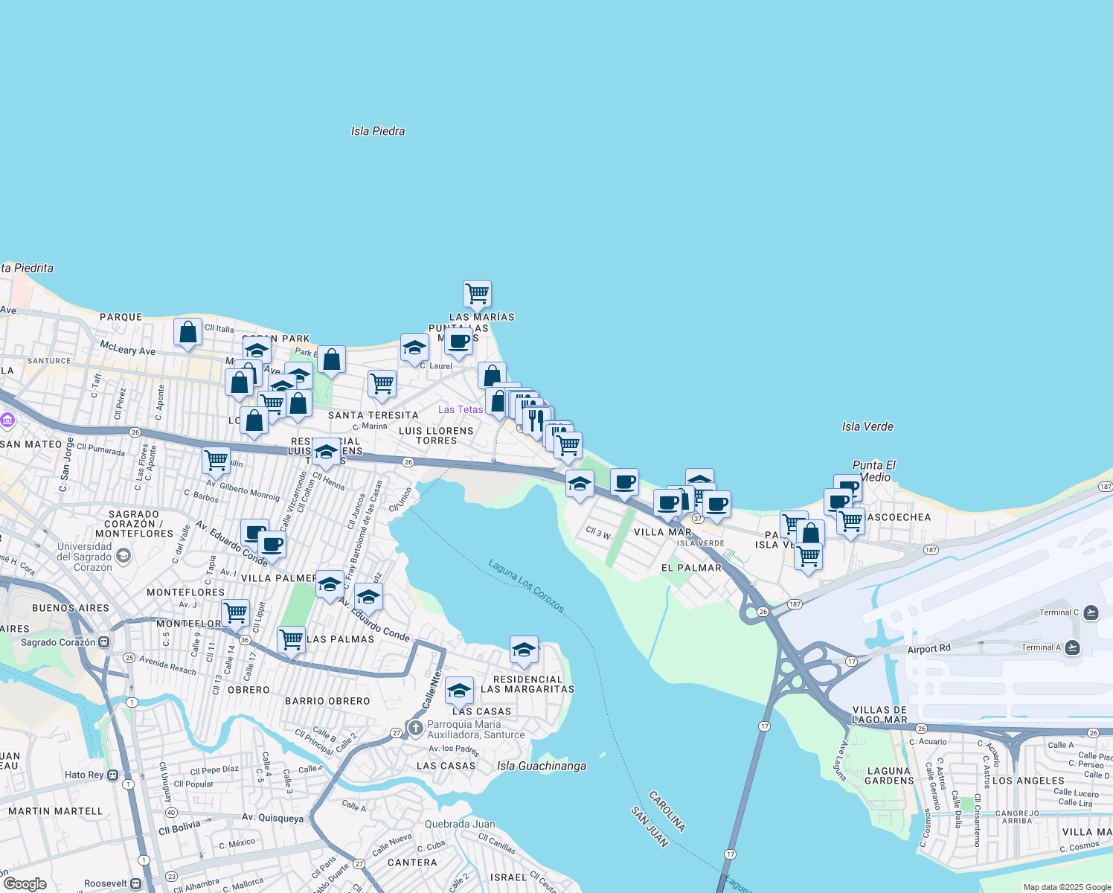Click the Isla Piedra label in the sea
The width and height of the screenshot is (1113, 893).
tap(378, 131)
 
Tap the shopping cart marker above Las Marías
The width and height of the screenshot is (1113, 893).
tap(477, 293)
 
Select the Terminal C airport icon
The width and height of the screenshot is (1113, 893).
tap(1091, 612)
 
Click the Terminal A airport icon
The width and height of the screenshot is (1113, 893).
tap(1072, 647)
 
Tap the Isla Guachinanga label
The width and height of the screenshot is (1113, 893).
tap(542, 766)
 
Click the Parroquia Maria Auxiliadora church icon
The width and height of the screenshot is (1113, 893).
tap(415, 727)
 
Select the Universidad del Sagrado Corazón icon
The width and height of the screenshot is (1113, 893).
tap(124, 555)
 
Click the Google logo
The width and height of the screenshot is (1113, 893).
tap(25, 883)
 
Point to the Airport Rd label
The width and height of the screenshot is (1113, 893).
tap(928, 649)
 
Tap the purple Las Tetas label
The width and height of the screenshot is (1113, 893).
tap(461, 409)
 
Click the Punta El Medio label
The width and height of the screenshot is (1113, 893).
tap(874, 471)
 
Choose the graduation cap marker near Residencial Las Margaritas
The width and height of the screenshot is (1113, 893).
tap(524, 650)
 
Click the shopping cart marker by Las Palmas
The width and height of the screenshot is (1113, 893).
tap(291, 639)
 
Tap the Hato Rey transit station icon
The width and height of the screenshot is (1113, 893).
tap(112, 775)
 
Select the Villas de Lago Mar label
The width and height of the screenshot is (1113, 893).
tap(879, 714)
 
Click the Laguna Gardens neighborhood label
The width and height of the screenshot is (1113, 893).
tap(889, 775)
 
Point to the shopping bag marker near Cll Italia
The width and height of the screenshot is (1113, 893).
tap(187, 332)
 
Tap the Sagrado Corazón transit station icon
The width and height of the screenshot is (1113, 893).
tap(104, 641)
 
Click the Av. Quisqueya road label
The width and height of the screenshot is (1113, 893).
tap(272, 818)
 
